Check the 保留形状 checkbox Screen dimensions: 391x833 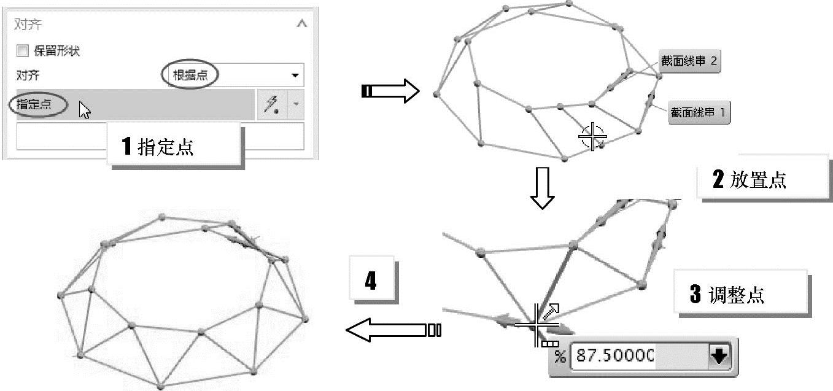coord(22,51)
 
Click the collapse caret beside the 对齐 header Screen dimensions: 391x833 coord(301,25)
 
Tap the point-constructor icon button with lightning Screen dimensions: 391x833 coord(271,105)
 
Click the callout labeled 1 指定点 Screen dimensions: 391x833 coord(172,146)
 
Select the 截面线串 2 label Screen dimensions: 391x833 coord(688,62)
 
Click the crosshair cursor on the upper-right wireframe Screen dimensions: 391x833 coord(592,136)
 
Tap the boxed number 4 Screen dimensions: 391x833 coord(371,282)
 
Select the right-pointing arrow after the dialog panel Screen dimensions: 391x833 coord(390,92)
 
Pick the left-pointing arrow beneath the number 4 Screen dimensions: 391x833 coord(393,330)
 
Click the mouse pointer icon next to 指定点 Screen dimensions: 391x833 coord(84,110)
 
